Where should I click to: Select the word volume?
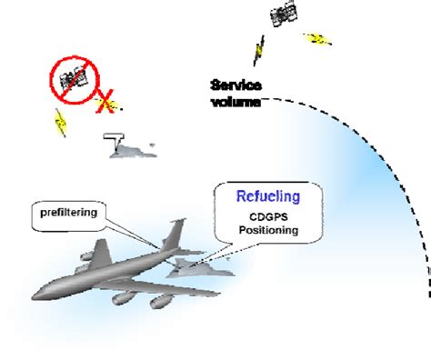point(236,101)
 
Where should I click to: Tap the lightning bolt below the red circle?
point(60,121)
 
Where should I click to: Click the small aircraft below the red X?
point(132,148)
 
